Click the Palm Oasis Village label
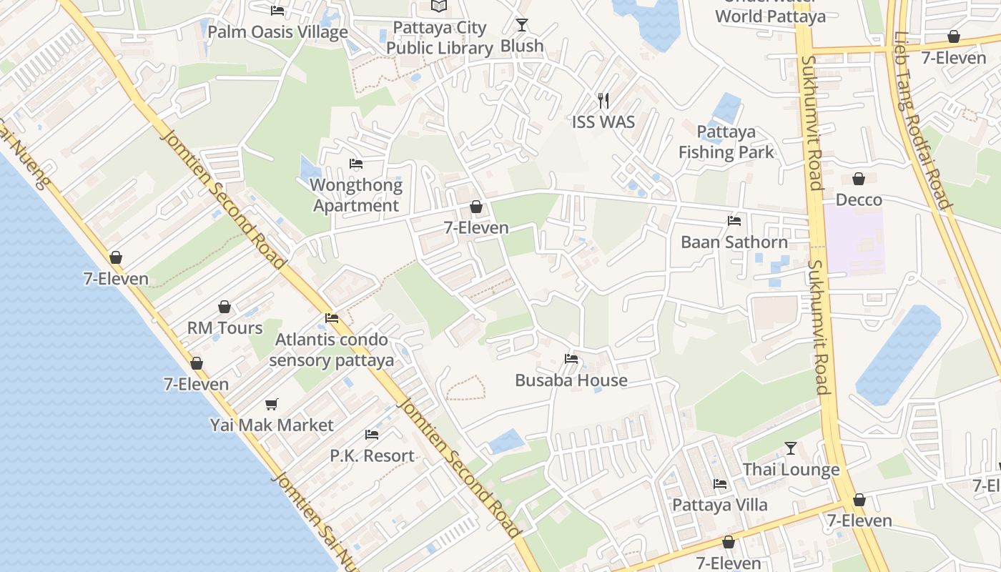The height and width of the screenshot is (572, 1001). coord(277,32)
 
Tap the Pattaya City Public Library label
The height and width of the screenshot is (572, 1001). coord(440,38)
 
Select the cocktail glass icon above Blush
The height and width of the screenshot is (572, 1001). coord(522,25)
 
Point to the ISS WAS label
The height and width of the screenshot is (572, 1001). coord(603,122)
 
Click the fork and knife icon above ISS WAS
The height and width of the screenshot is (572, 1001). coord(603,101)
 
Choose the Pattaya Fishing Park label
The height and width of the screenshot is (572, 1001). coord(726,142)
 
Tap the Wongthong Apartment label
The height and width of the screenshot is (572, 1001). coord(356,195)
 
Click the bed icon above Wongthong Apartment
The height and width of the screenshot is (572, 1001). coord(356,164)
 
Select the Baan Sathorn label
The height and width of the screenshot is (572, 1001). coord(734,242)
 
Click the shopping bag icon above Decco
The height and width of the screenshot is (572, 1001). coord(859,179)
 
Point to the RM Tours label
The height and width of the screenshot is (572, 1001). coord(225,328)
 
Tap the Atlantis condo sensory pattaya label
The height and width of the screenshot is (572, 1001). coord(332,350)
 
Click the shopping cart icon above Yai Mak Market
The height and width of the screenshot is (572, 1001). coord(272,404)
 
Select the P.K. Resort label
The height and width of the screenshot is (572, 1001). coord(372,455)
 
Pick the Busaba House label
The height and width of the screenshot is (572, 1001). coord(571,380)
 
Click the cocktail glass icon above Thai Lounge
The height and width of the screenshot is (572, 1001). coord(790,448)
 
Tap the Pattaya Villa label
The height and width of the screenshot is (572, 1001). coord(720,505)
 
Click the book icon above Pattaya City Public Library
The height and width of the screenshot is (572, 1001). coord(439,6)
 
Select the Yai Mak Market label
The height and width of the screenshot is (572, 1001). coord(272,425)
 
